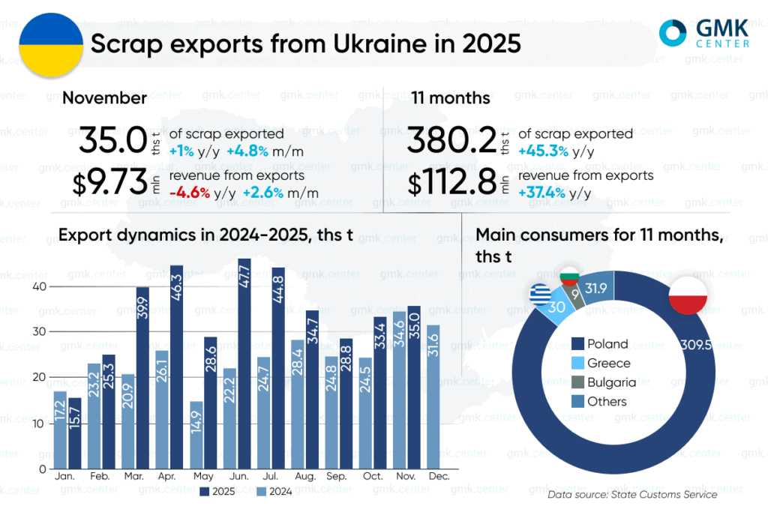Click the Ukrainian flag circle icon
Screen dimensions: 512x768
(x=51, y=43)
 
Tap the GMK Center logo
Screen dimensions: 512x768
(x=703, y=34)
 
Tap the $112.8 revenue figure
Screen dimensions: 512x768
(x=452, y=183)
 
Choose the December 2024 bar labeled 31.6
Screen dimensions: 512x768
(x=433, y=397)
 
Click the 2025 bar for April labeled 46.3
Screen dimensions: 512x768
(x=176, y=367)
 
